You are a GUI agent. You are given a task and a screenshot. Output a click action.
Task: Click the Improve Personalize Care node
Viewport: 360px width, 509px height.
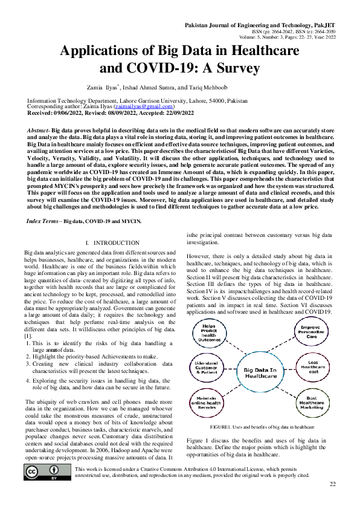point(312,333)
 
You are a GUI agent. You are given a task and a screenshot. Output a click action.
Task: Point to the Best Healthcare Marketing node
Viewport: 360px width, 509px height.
point(312,401)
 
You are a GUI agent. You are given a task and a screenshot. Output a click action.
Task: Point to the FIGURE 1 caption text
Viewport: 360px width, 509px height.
point(261,427)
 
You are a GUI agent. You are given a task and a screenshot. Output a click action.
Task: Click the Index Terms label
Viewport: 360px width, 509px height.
point(43,221)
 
